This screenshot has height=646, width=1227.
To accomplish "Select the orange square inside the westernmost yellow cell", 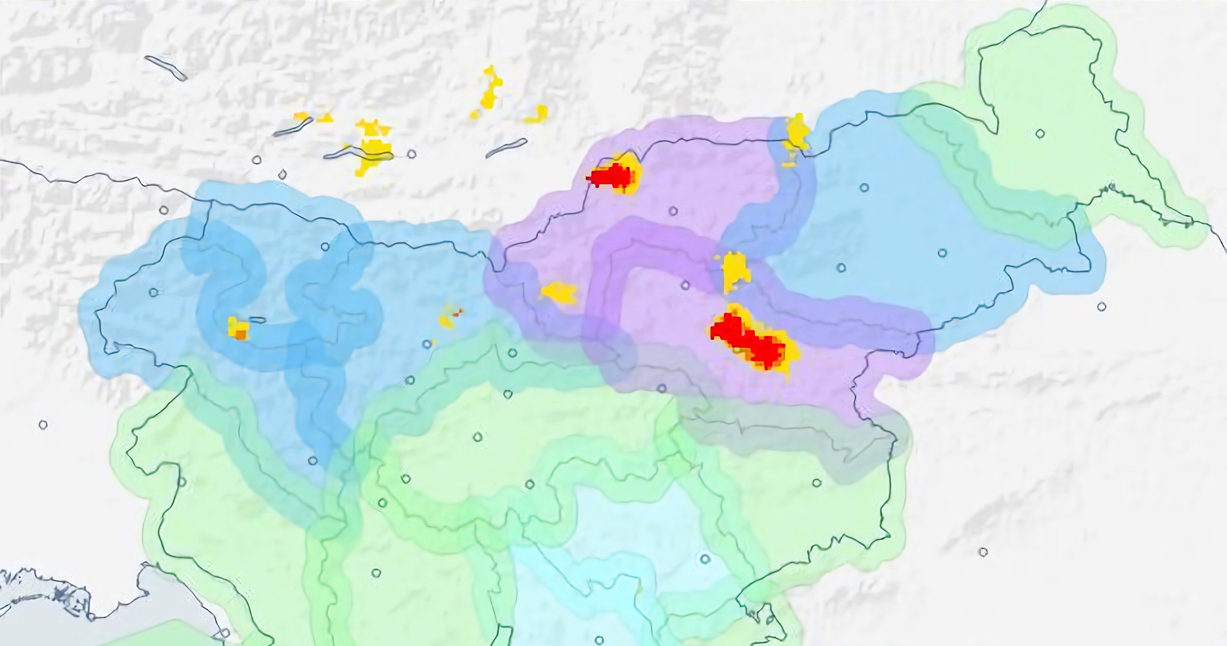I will point(240,334).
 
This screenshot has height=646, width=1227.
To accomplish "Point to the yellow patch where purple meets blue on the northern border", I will point(798,134).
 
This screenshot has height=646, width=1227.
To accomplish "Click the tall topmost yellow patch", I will point(491,89).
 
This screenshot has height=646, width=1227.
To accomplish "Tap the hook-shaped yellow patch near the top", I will point(537,114).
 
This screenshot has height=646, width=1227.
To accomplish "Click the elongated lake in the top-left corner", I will point(166,68).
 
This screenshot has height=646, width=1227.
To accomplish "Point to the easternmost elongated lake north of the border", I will point(506,148).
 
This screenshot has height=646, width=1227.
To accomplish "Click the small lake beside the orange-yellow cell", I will point(258,319).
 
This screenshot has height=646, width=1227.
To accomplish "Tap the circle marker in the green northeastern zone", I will point(1040,133).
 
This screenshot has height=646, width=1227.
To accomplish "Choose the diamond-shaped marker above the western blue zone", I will point(282,175).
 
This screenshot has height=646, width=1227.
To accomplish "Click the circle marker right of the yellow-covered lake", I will point(412,154).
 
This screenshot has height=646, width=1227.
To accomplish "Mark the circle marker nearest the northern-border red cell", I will point(673,211).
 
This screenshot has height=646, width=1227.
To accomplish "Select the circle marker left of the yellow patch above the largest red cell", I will point(685,285).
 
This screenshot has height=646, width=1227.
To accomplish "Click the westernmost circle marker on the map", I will point(43,424).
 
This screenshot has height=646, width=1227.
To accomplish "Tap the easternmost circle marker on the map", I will point(1102,306).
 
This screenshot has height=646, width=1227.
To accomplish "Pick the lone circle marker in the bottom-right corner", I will point(983,552).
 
